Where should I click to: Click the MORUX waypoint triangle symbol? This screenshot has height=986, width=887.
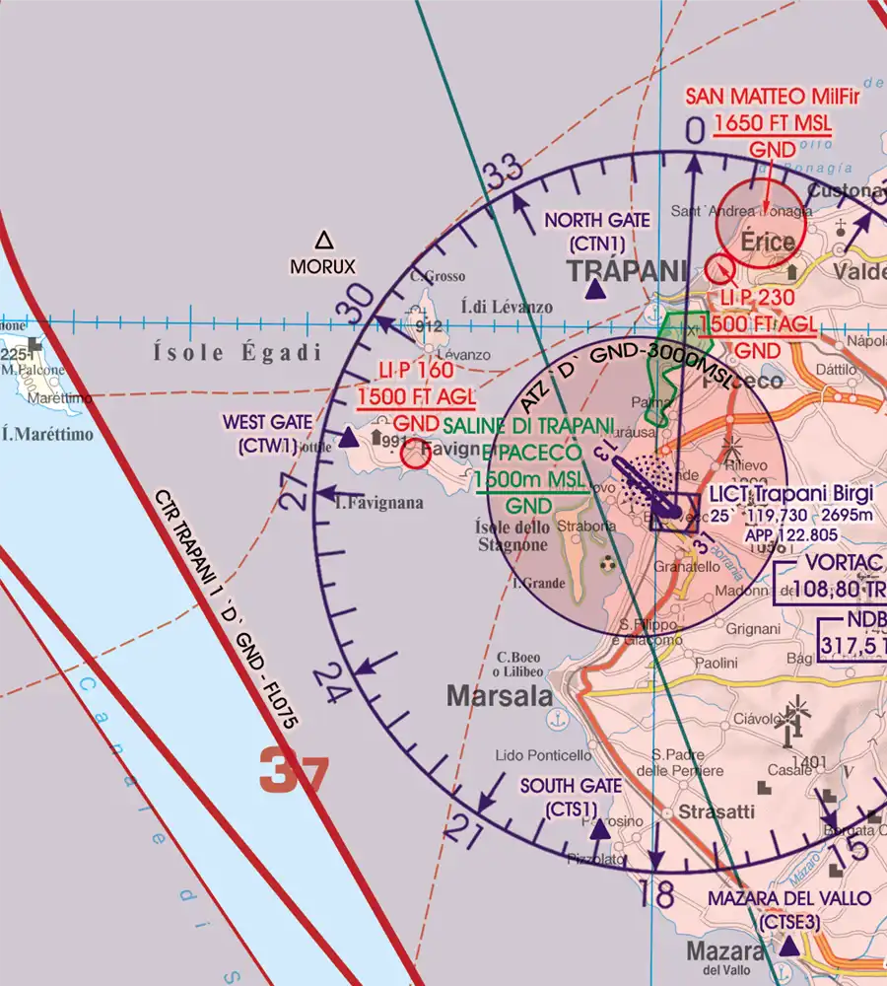[x=323, y=240]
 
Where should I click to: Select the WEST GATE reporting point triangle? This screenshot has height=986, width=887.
[x=349, y=438]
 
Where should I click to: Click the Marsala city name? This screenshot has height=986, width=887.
[x=500, y=696]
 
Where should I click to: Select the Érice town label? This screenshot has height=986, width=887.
[x=768, y=242]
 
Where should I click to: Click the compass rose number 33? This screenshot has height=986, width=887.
[x=504, y=174]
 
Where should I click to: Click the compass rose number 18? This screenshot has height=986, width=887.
[x=656, y=895]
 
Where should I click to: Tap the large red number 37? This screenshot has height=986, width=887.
[x=293, y=771]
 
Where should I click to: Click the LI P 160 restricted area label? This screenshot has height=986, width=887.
[x=416, y=371]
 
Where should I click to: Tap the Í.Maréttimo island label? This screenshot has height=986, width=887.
[x=47, y=433]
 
